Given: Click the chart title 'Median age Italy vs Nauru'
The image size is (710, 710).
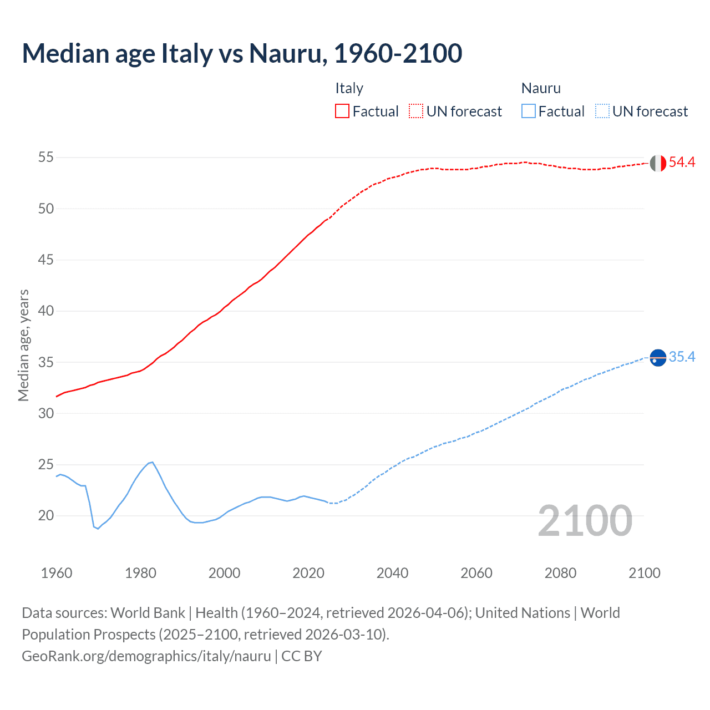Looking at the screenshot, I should [242, 53].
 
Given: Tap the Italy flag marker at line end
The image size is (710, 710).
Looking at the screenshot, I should [658, 163].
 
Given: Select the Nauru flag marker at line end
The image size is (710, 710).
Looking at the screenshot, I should [658, 358].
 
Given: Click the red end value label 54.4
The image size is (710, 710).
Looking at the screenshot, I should [682, 163].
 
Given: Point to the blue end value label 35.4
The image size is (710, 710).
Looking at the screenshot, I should [682, 357].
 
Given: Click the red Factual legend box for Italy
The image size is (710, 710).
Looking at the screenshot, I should [342, 111].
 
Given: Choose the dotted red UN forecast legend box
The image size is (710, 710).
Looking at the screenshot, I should [416, 111].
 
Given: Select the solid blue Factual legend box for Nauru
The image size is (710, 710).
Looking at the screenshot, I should [529, 111].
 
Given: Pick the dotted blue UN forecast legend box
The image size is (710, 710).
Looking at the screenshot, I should [602, 111].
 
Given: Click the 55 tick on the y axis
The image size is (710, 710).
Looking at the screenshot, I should [46, 158].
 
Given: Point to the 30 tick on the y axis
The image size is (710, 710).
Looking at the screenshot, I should [46, 414].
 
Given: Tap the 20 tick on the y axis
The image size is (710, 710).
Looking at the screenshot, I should [46, 516].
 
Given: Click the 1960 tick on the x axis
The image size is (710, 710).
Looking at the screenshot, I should [57, 573].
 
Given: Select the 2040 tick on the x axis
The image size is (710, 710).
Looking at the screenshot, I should [392, 573].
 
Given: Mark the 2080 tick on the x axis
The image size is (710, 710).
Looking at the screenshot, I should [560, 573].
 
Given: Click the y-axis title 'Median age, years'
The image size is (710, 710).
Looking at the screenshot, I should [23, 345].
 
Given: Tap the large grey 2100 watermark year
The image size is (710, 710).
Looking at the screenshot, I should [585, 521].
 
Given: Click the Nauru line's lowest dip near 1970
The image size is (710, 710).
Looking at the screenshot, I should [98, 528].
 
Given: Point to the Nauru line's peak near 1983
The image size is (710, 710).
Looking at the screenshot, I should [152, 462].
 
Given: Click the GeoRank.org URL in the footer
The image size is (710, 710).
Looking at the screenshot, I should [146, 656].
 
